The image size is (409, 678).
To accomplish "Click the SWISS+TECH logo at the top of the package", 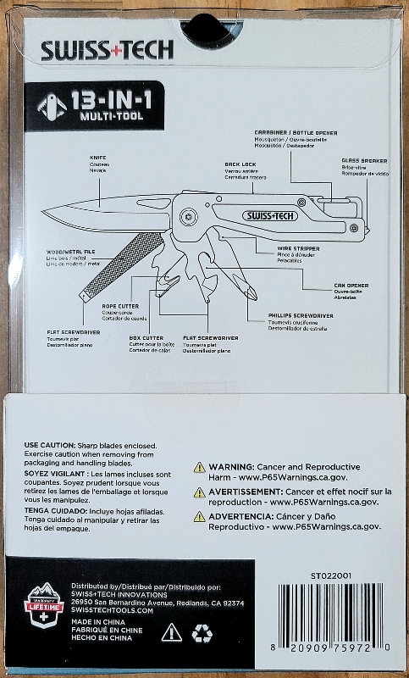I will click(108, 50).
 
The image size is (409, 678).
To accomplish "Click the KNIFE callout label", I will click(97, 158).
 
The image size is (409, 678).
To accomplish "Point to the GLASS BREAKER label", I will click(364, 160).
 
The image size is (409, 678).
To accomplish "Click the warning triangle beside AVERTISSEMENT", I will click(199, 492).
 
